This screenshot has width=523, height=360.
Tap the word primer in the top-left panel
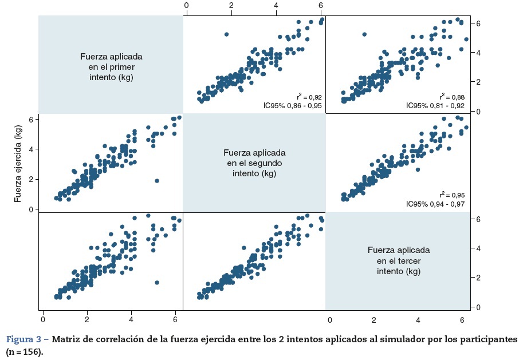coord(121,67)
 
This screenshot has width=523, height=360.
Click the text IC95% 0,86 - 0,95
coord(290,106)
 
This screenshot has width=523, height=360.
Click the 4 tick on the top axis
coord(276,5)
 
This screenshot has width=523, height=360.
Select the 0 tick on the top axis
coord(187,5)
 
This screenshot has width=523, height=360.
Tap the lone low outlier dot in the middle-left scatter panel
coord(157,181)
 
